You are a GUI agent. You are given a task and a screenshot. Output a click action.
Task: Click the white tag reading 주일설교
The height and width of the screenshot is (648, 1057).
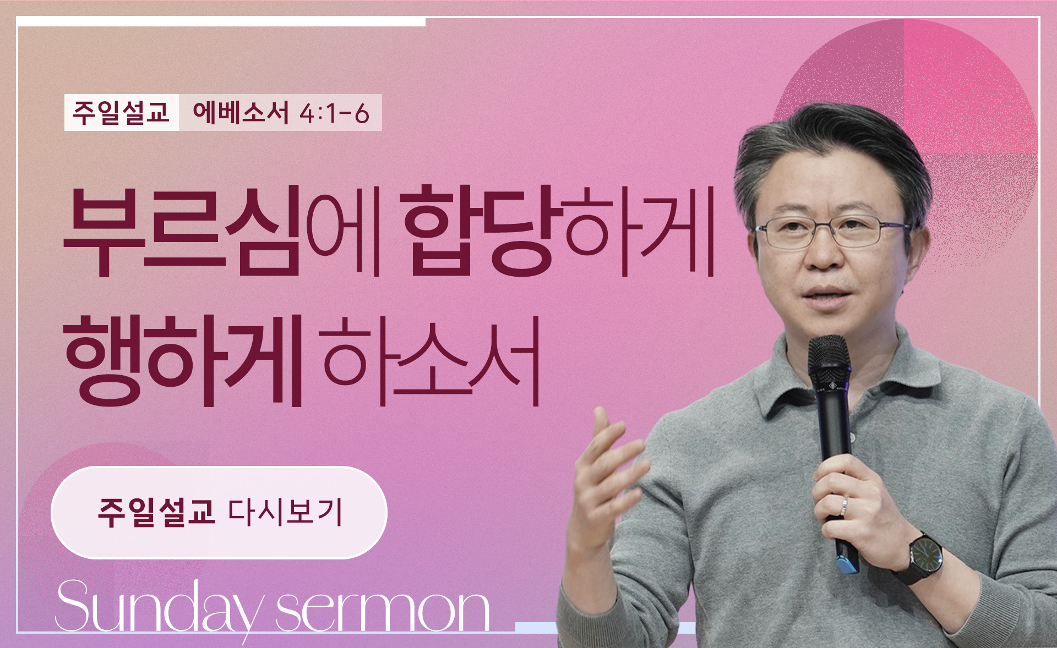[122, 113]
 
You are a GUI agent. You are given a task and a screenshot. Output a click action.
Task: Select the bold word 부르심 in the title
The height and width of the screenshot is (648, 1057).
[182, 232]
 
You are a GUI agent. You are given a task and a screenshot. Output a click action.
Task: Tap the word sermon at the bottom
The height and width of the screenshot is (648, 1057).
[383, 611]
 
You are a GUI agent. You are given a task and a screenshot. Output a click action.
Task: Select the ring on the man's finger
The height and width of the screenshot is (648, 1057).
[844, 507]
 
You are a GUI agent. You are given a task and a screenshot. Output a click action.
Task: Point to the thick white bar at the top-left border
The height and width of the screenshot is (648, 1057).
[221, 21]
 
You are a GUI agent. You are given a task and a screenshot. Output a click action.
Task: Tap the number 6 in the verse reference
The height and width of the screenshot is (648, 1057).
[362, 114]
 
